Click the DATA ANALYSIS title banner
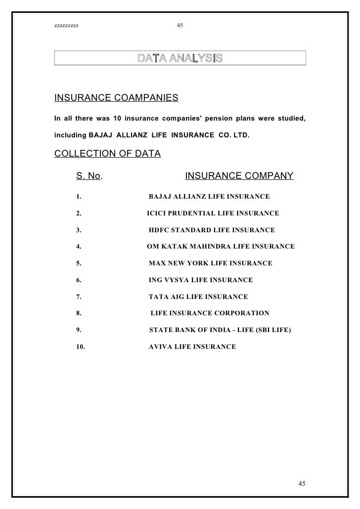click(180, 58)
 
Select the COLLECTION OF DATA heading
click(107, 153)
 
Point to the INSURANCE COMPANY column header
click(239, 176)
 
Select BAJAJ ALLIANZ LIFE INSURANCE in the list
click(209, 197)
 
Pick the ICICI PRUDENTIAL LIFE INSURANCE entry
click(213, 213)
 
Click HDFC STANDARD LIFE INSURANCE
click(212, 230)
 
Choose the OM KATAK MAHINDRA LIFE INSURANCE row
click(221, 247)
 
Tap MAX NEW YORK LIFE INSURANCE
click(210, 263)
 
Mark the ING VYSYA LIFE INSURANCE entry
click(201, 280)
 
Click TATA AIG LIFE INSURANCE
click(198, 297)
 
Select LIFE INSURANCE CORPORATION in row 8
click(210, 313)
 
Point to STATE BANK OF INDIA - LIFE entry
click(220, 330)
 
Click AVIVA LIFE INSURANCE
click(192, 347)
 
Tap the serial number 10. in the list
click(81, 347)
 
